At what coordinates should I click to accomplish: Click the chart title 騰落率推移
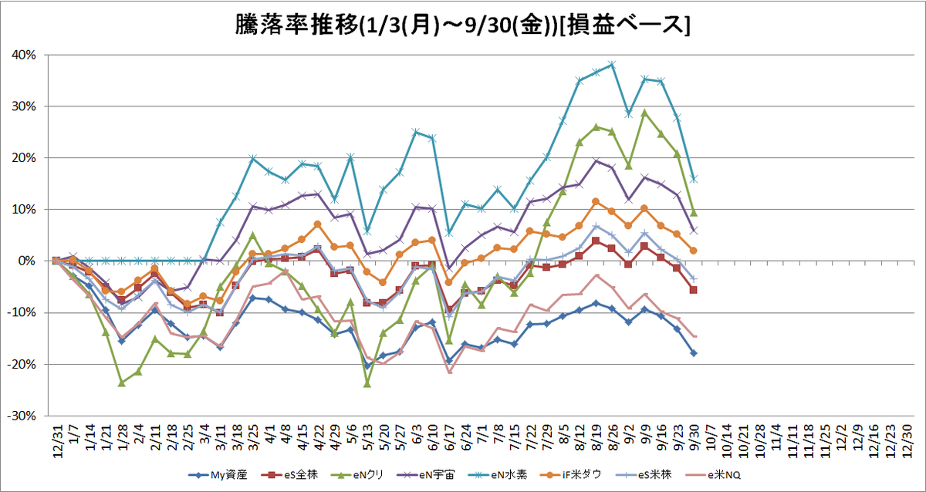coord(296,25)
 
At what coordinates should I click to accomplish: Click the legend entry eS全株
coord(289,475)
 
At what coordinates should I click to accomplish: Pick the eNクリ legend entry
coord(358,475)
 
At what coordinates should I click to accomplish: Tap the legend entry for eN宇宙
coord(425,475)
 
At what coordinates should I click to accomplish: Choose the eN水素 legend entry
coord(498,475)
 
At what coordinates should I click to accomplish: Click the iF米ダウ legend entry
coord(571,475)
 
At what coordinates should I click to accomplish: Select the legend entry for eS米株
coord(644,475)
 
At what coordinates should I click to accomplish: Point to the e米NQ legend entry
coord(713,475)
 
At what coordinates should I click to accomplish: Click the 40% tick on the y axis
coord(24,55)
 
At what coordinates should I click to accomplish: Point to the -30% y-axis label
coord(22,416)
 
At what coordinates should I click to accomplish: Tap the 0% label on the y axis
coord(27,261)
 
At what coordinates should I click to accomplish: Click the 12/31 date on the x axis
coord(57,441)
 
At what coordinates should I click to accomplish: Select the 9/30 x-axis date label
coord(694,438)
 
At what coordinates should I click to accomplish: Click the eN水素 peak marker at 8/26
coord(612,65)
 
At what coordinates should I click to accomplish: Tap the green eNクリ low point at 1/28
coord(122,383)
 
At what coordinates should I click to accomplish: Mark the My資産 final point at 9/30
coord(694,353)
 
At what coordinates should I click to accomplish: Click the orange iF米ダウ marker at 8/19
coord(596,201)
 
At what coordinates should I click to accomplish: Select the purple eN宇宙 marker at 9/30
coord(694,231)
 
